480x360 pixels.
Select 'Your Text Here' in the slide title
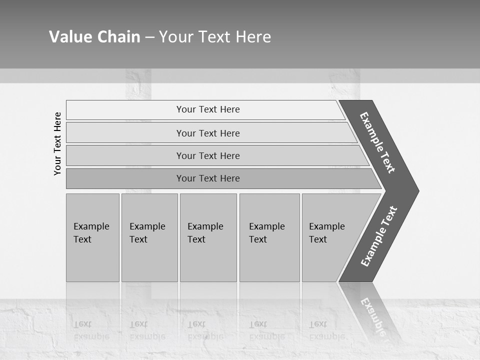(x=215, y=37)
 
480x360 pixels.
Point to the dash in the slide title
(x=149, y=37)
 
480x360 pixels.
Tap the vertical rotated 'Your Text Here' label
(x=57, y=143)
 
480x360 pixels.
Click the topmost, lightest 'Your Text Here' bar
(x=207, y=109)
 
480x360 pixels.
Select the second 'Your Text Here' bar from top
(x=207, y=133)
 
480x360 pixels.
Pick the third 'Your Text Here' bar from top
(x=207, y=155)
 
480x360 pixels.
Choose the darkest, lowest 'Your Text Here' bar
(x=207, y=178)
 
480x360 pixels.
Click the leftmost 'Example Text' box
(x=92, y=237)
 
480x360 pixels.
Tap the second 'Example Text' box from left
(x=149, y=237)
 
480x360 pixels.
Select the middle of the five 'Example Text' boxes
(x=208, y=237)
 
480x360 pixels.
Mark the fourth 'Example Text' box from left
(x=269, y=237)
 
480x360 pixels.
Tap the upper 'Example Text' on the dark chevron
(x=377, y=142)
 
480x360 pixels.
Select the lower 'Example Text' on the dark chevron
(x=379, y=236)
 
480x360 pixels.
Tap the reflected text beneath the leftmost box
(x=91, y=330)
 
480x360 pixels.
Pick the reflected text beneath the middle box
(x=205, y=330)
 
